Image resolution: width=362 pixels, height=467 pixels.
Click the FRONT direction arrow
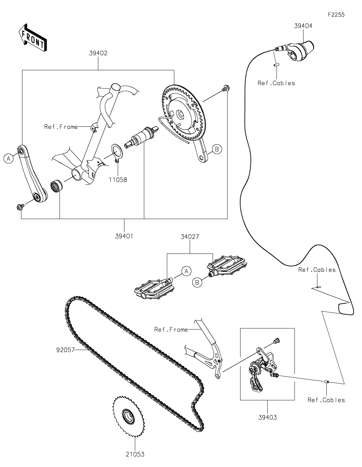click(33, 37)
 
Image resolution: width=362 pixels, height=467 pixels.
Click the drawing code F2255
click(336, 15)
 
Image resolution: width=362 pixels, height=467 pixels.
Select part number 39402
click(98, 53)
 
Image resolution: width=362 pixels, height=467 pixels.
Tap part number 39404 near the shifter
click(303, 26)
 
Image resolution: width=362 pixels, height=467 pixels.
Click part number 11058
click(118, 180)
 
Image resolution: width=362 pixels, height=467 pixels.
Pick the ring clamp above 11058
click(117, 153)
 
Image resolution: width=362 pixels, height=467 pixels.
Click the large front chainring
click(184, 114)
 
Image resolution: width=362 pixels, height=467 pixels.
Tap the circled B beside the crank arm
click(217, 149)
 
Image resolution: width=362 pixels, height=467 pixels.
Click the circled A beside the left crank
click(8, 159)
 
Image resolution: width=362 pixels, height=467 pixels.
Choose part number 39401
click(124, 236)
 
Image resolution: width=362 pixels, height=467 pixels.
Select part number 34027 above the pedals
click(190, 237)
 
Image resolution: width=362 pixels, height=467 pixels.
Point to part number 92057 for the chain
click(65, 350)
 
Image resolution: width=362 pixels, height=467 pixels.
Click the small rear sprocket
click(128, 416)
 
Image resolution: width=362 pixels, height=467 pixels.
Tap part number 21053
click(135, 454)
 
